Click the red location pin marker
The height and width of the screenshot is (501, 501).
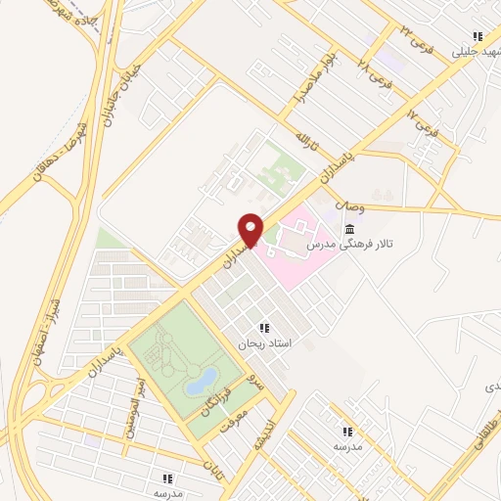pyautogui.click(x=251, y=229)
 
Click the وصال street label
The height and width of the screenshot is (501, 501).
pyautogui.click(x=349, y=206)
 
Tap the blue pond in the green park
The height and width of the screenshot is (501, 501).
pyautogui.click(x=205, y=378)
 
